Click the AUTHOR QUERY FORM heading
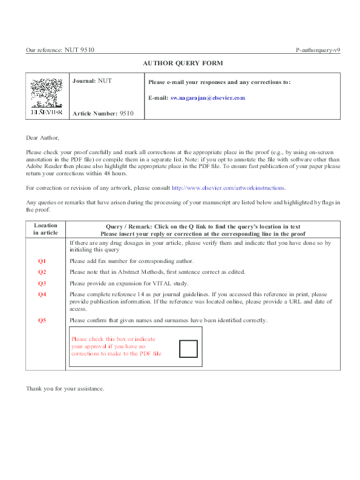click(183, 63)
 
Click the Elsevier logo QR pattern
click(47, 94)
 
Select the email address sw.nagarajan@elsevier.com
click(208, 97)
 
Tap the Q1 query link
click(42, 261)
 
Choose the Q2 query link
click(42, 272)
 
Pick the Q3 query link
click(42, 283)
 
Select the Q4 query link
click(42, 294)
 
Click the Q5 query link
click(42, 320)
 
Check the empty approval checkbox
click(188, 349)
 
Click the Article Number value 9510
click(126, 113)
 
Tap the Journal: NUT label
click(92, 80)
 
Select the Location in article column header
click(45, 229)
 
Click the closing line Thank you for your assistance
click(65, 388)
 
